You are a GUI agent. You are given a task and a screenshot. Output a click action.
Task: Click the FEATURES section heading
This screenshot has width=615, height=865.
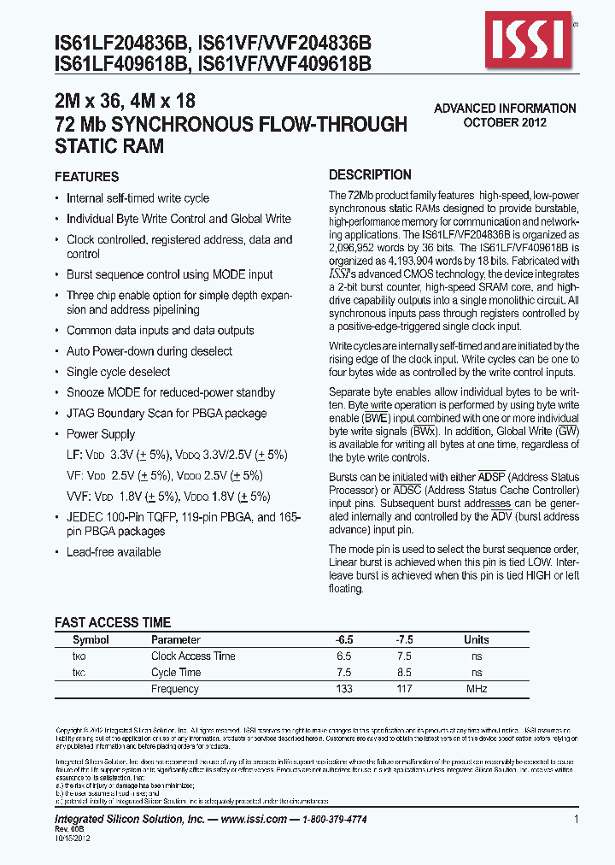pyautogui.click(x=86, y=177)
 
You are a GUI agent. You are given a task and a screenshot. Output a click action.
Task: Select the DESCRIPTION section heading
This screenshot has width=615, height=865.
pyautogui.click(x=370, y=174)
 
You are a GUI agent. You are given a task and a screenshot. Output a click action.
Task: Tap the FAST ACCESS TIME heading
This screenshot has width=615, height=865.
pyautogui.click(x=113, y=622)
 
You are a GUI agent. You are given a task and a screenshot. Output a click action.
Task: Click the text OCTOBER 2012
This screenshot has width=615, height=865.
pyautogui.click(x=505, y=122)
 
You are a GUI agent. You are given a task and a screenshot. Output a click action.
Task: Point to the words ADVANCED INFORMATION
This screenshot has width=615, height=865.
pyautogui.click(x=505, y=109)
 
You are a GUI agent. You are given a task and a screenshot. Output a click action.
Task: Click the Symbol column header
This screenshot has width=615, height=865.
pyautogui.click(x=91, y=639)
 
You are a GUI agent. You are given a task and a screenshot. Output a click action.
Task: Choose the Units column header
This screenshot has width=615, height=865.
pyautogui.click(x=476, y=639)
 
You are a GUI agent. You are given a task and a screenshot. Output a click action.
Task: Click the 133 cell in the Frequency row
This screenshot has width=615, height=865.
pyautogui.click(x=343, y=689)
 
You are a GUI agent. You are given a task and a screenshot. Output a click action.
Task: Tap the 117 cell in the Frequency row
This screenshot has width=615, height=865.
pyautogui.click(x=404, y=689)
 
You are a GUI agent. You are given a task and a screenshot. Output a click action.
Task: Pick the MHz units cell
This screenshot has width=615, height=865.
pyautogui.click(x=476, y=689)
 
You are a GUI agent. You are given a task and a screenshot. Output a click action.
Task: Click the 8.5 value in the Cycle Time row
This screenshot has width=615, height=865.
pyautogui.click(x=404, y=673)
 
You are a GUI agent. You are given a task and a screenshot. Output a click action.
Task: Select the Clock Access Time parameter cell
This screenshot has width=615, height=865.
pyautogui.click(x=193, y=656)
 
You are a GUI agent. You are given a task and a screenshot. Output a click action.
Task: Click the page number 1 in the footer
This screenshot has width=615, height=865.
pyautogui.click(x=577, y=820)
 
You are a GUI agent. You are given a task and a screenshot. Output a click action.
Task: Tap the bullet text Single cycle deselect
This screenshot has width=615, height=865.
pyautogui.click(x=118, y=372)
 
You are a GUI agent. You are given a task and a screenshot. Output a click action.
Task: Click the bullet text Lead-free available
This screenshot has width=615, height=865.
pyautogui.click(x=114, y=552)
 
